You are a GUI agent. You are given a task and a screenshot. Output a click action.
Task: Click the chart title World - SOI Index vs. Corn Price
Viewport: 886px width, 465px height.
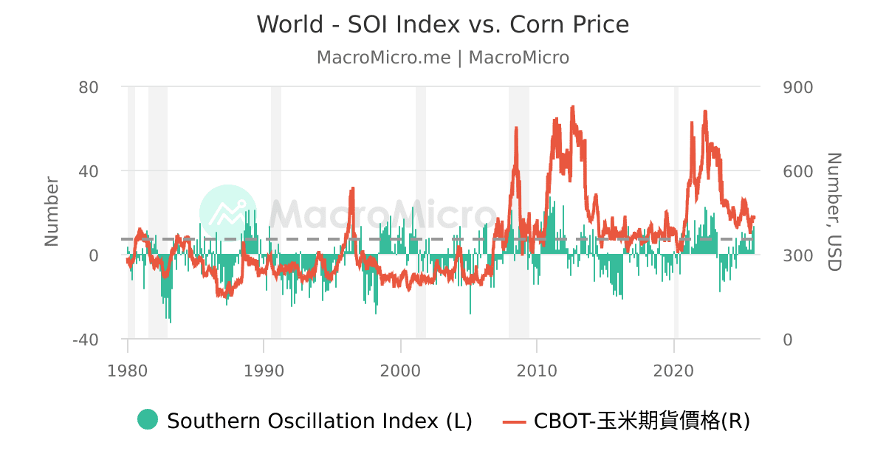[x=443, y=24]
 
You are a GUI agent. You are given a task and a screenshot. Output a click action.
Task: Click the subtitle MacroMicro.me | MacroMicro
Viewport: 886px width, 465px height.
[x=443, y=58]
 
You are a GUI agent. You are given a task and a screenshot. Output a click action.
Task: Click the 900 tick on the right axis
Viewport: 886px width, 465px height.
[x=797, y=87]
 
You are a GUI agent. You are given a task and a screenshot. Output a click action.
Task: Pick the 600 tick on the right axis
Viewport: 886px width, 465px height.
[x=797, y=171]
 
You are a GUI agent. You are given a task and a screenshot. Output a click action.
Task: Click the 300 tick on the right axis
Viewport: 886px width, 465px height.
[x=797, y=255]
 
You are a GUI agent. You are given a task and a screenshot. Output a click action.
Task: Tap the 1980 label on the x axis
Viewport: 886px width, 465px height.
[x=128, y=369]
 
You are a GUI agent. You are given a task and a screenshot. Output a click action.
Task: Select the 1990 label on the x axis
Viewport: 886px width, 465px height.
[x=264, y=369]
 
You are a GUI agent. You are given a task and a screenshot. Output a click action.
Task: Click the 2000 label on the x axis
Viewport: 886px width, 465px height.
[x=401, y=369]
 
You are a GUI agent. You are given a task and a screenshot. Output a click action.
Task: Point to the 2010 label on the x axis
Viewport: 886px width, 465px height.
[x=538, y=369]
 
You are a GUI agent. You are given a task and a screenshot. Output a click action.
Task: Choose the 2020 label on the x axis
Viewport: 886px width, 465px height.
[x=674, y=369]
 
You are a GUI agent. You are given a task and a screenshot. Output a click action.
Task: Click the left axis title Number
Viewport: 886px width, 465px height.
[x=51, y=212]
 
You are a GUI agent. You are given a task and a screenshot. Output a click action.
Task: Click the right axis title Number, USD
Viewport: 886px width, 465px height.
[x=834, y=212]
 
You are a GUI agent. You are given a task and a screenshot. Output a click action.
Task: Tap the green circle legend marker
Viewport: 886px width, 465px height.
[x=148, y=420]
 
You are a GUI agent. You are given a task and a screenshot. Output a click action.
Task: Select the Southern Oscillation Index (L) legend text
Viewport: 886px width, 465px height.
[x=319, y=421]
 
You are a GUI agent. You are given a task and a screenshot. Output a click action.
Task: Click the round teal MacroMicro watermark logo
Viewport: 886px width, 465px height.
[x=228, y=213]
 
